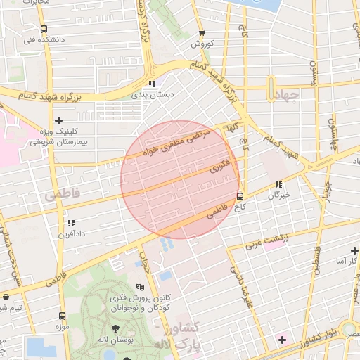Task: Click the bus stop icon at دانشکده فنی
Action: (44, 30)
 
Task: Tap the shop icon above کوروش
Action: (202, 32)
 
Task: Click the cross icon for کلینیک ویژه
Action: (58, 121)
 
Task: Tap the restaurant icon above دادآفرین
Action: (71, 222)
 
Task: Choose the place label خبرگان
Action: (279, 195)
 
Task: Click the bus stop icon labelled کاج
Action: (240, 196)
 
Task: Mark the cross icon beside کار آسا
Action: (354, 250)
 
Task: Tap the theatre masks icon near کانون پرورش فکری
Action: (140, 287)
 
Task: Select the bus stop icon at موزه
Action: (63, 316)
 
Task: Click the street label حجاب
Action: (146, 263)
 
